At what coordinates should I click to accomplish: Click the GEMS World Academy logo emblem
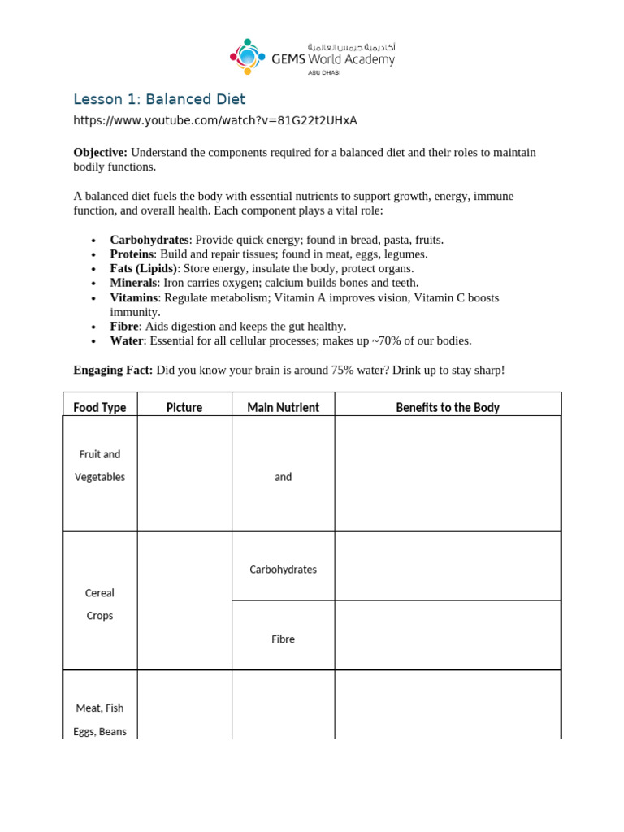(247, 56)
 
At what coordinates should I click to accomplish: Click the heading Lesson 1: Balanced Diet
(159, 99)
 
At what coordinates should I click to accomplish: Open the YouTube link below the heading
(215, 120)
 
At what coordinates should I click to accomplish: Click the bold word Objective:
(101, 153)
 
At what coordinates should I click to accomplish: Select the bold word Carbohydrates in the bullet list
(149, 240)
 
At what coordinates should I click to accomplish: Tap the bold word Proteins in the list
(132, 254)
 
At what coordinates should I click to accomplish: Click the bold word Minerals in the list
(133, 283)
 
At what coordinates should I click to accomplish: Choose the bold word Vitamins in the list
(134, 297)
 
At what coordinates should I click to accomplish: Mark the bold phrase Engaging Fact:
(113, 370)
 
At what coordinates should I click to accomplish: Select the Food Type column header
(100, 407)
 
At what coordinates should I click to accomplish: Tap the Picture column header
(184, 407)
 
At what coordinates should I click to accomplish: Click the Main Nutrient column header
(284, 407)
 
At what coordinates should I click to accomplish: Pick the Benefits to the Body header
(448, 407)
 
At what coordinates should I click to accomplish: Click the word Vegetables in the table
(100, 477)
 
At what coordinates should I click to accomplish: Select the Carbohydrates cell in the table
(283, 570)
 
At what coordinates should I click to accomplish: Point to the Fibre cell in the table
(283, 639)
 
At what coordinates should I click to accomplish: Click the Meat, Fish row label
(100, 708)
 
